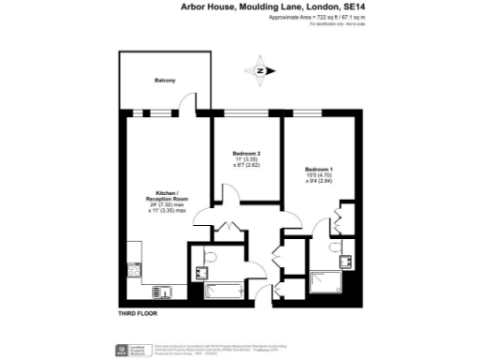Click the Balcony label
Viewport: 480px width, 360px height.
[165, 81]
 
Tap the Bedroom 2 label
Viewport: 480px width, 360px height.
[246, 153]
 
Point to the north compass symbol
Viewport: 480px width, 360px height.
[261, 69]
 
